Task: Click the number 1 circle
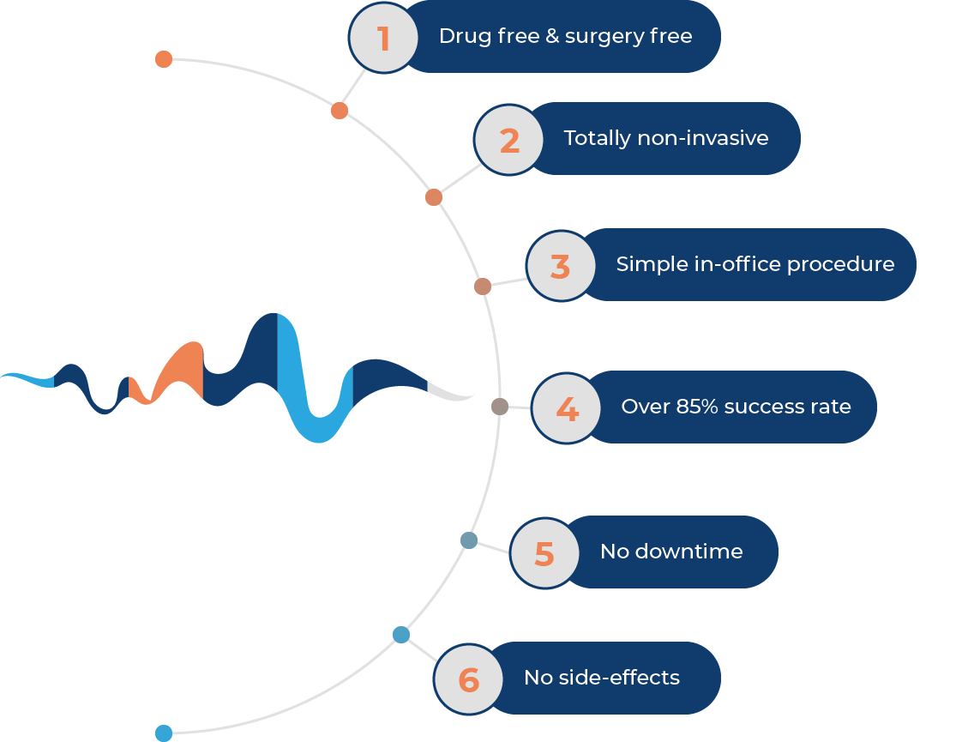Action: (383, 38)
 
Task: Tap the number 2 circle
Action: (509, 140)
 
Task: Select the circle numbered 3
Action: (561, 266)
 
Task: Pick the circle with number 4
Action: (567, 408)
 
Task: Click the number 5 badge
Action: (544, 553)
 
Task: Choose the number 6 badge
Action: (468, 679)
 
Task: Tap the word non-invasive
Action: (703, 138)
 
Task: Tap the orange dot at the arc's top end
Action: (164, 59)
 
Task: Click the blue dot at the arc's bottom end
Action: (164, 733)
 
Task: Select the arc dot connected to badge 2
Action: (434, 197)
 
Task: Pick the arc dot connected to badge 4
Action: (500, 406)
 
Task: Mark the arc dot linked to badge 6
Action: (401, 635)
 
